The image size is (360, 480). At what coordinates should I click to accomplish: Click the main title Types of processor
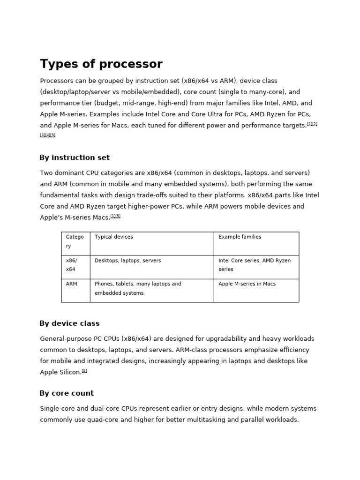coord(101,64)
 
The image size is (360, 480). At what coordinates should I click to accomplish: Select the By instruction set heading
coord(75,157)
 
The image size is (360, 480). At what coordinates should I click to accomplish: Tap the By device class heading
coord(69,323)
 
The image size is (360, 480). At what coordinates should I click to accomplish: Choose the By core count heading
coord(67,393)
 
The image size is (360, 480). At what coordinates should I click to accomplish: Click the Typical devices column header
coord(113,237)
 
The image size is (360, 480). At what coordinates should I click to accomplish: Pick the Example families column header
coord(240,237)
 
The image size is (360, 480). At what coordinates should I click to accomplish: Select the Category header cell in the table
coord(75,241)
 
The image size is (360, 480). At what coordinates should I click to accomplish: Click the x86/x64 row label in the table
coord(71,265)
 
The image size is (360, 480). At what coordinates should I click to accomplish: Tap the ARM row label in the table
coord(71,284)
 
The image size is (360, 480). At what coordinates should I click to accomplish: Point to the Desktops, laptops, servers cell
coord(127,261)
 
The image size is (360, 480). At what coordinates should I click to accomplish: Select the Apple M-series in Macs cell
coord(247,284)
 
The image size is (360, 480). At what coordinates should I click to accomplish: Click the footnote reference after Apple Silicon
coord(84,371)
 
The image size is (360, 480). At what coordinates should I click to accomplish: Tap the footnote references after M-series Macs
coord(115,216)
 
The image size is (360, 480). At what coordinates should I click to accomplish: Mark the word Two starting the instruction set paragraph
coord(46,173)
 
